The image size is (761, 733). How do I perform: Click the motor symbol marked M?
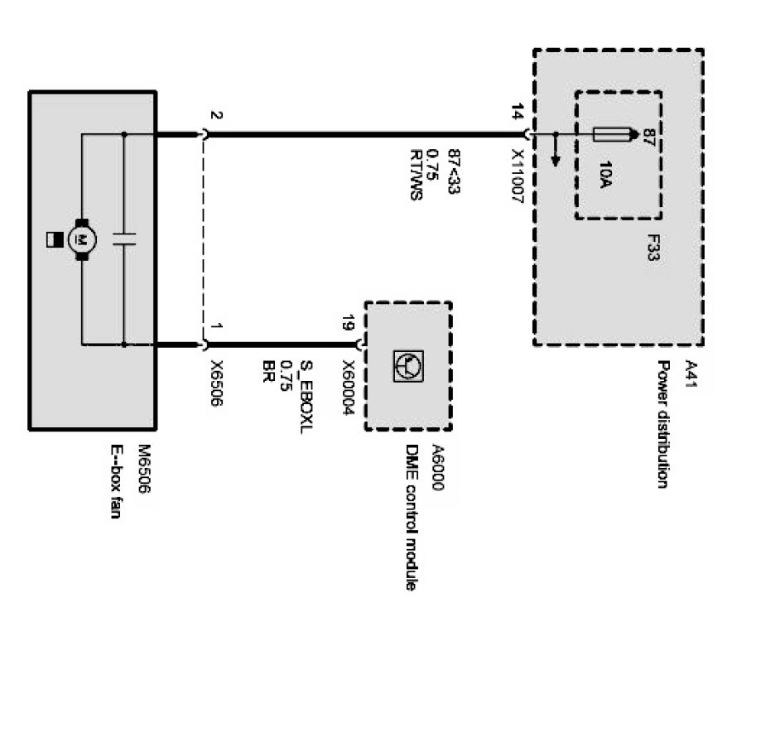pos(82,239)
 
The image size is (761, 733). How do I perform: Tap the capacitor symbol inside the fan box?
pos(123,239)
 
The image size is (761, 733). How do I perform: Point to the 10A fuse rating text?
pos(604,176)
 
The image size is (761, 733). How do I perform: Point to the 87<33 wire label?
pos(452,171)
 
